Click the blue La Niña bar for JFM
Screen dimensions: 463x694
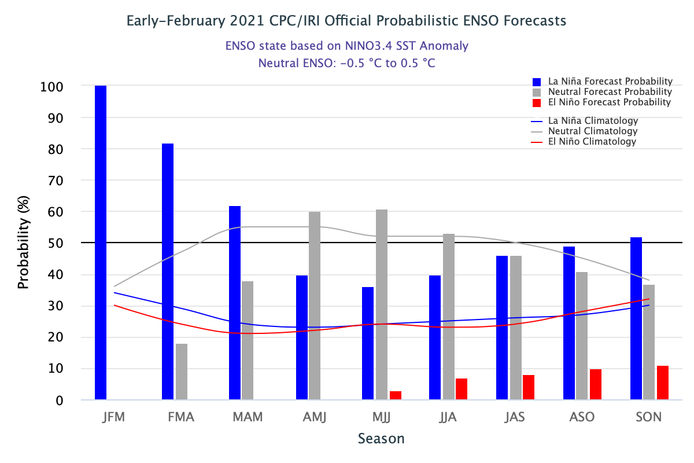tap(101, 242)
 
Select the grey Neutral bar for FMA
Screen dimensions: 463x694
tap(182, 372)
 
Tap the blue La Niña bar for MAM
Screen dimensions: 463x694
tap(235, 303)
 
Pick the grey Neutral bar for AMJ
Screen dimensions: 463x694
tap(315, 306)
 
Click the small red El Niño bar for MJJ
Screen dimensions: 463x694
tap(396, 395)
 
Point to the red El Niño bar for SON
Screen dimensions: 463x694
tap(663, 383)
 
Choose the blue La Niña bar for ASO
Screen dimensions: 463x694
tap(569, 323)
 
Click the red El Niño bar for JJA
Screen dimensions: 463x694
tap(462, 389)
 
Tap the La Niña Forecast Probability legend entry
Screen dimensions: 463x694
tap(602, 82)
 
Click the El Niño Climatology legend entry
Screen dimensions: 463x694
tap(592, 142)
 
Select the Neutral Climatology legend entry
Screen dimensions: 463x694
tap(593, 131)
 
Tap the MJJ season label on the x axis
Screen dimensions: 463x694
tap(382, 417)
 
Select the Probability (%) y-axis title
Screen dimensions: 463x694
tap(23, 243)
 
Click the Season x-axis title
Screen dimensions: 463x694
tap(381, 439)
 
